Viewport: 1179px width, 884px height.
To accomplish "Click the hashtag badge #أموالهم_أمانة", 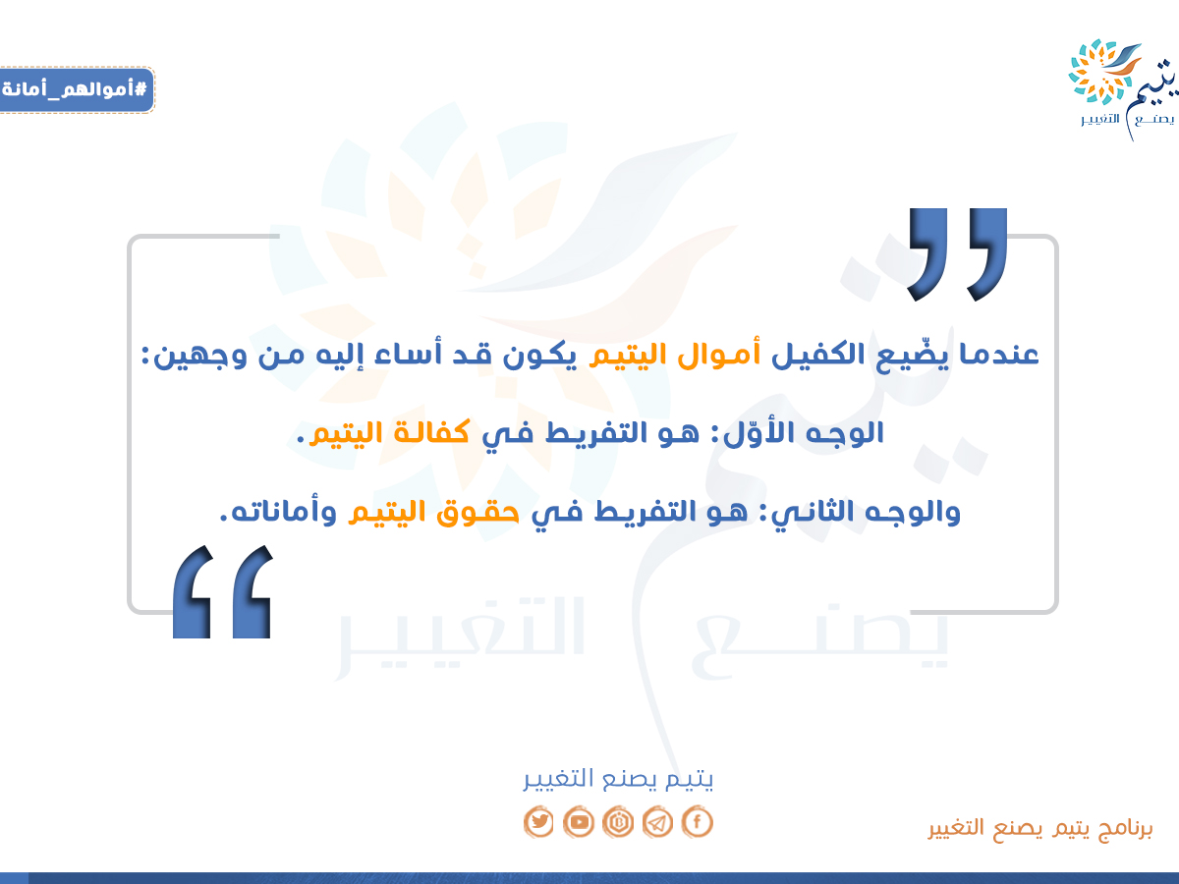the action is pos(77,89).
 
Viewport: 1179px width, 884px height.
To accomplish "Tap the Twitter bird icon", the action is pos(538,822).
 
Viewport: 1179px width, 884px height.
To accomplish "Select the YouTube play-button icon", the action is pos(579,822).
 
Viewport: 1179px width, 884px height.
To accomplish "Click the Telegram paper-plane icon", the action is pos(657,822).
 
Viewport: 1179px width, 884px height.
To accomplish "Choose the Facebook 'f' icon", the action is pos(698,822).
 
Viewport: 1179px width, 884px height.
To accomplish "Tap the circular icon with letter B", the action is pos(618,822).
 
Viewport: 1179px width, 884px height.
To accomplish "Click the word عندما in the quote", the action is pos(998,355).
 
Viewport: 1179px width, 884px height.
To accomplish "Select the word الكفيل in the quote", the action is pos(818,354).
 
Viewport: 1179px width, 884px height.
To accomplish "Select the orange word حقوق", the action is pos(477,512).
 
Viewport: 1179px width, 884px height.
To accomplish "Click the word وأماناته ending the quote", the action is pos(278,512).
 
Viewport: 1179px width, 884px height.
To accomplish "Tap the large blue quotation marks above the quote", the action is pos(957,254).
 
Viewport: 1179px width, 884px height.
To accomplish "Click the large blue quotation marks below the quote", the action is pos(222,591).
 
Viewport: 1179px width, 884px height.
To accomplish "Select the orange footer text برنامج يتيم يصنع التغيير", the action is pos(1040,828).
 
